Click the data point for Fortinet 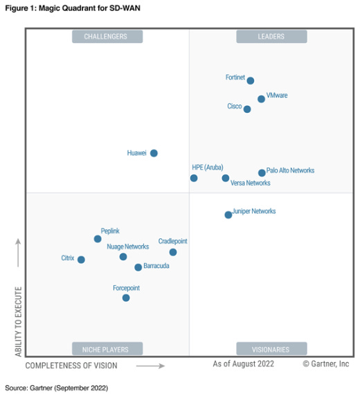(251, 81)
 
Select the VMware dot (261, 99)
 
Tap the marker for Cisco (247, 109)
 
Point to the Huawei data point (154, 153)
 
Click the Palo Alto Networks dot (262, 173)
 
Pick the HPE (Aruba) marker (194, 178)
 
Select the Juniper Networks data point (228, 215)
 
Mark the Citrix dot (81, 260)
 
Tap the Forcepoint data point (126, 298)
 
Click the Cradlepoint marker (173, 252)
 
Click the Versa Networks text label (250, 183)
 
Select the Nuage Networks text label (127, 247)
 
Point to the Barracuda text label (156, 266)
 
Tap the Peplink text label (110, 231)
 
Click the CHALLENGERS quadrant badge (107, 37)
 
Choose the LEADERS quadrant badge (271, 37)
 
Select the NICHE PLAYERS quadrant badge (107, 349)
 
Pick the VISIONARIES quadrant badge (271, 349)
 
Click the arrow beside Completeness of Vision (150, 366)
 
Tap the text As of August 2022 (244, 364)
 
